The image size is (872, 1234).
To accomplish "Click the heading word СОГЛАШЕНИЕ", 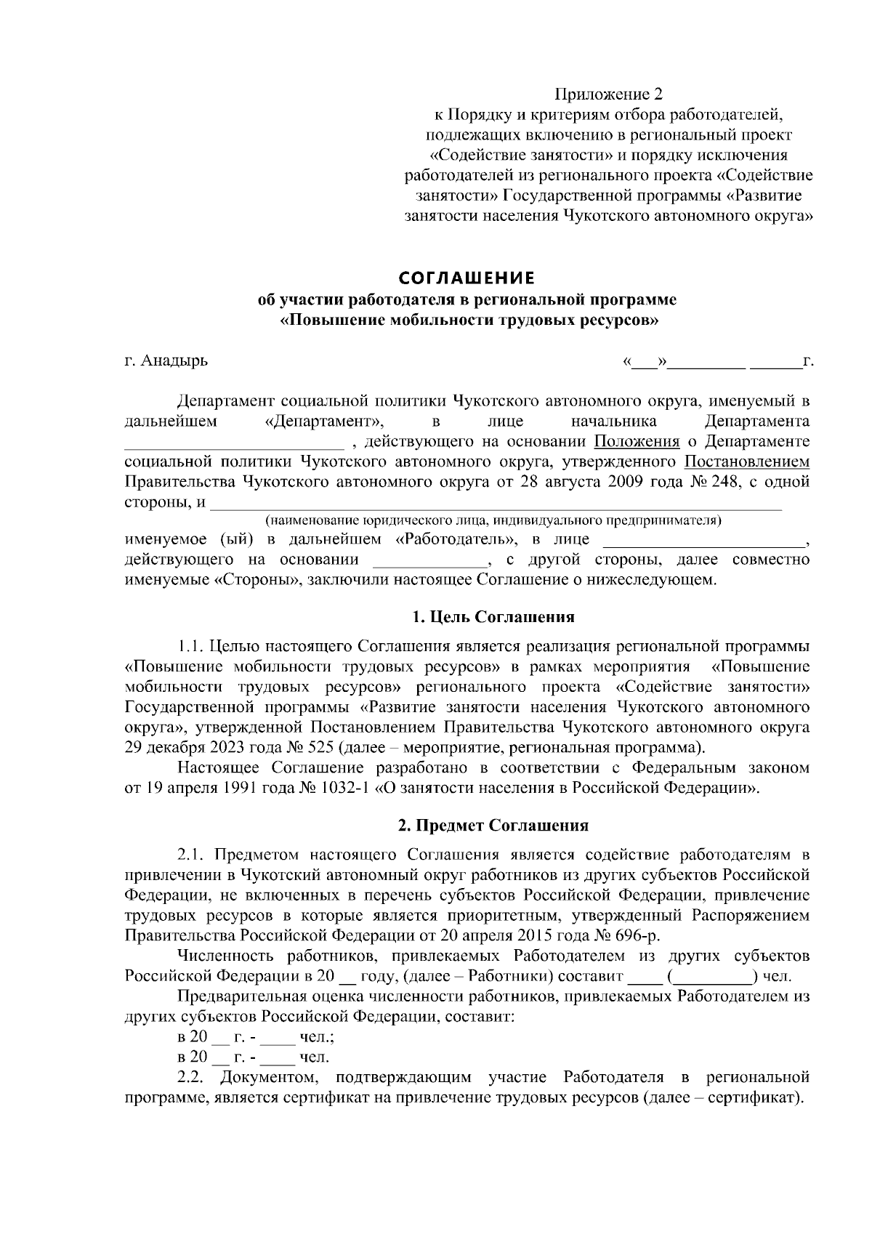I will click(x=467, y=278).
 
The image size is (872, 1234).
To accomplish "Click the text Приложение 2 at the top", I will click(x=609, y=94).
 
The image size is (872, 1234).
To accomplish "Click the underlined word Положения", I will click(x=637, y=442).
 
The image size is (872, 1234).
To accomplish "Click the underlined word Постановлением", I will click(x=747, y=462).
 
